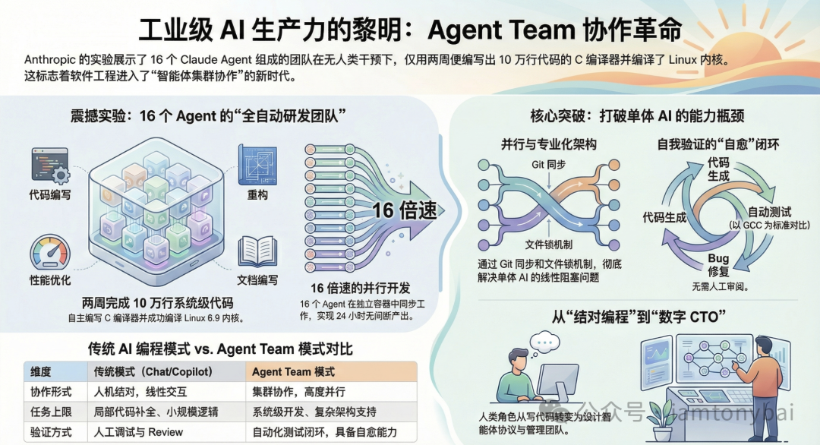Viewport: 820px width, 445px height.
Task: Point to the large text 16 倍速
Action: click(405, 210)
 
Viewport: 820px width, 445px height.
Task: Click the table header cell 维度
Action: click(41, 372)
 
